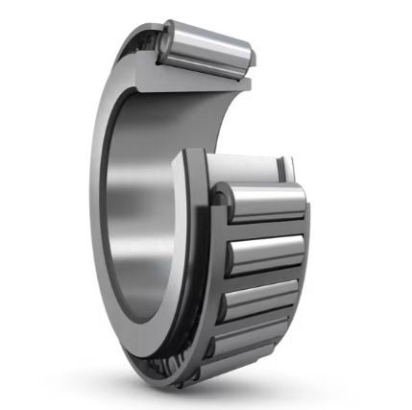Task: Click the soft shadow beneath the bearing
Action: pyautogui.click(x=206, y=389)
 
